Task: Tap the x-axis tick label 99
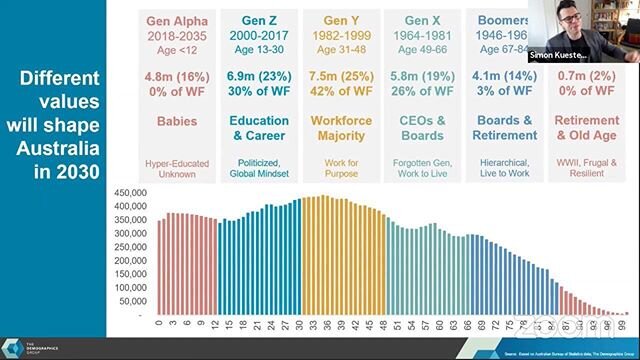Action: point(624,324)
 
